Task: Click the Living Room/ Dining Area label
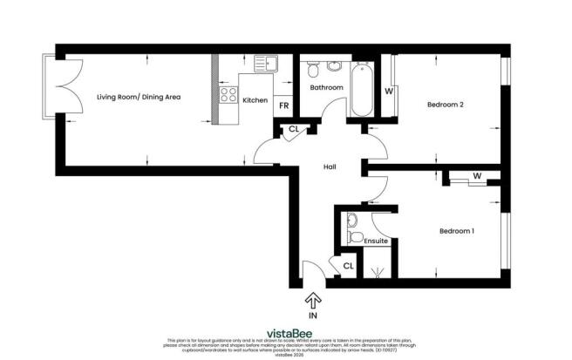[x=139, y=98]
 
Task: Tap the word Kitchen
[x=255, y=100]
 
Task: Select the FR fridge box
[x=283, y=105]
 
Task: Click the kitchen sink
[x=266, y=64]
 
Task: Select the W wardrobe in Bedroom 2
[x=389, y=90]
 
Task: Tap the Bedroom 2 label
[x=445, y=105]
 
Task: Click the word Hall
[x=330, y=167]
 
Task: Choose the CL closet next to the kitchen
[x=293, y=132]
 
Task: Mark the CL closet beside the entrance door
[x=347, y=266]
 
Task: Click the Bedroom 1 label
[x=457, y=231]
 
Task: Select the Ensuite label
[x=377, y=241]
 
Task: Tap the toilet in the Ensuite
[x=354, y=237]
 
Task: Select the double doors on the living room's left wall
[x=55, y=87]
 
